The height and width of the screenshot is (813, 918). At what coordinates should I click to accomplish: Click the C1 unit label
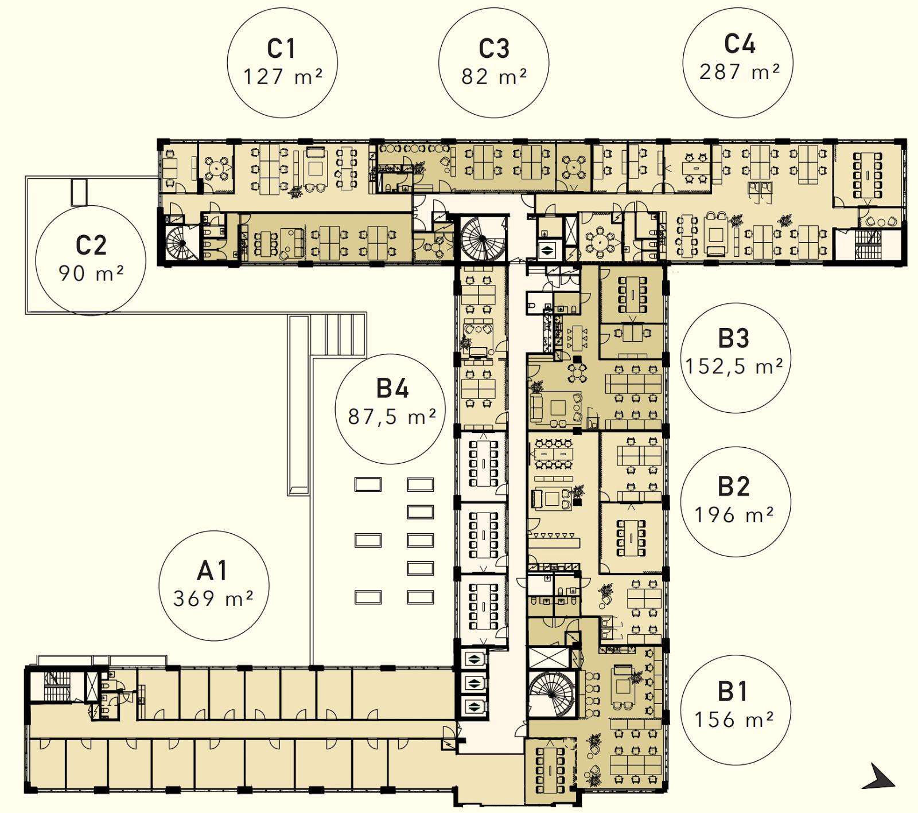(x=282, y=49)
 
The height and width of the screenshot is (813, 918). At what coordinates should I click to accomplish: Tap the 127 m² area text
(x=282, y=77)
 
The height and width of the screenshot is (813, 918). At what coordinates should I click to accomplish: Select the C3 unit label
(x=494, y=49)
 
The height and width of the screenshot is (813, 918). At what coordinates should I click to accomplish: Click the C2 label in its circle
(x=91, y=245)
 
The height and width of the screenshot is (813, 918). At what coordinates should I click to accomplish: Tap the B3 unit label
(x=734, y=338)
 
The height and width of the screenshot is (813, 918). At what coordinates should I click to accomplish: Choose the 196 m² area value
(x=734, y=514)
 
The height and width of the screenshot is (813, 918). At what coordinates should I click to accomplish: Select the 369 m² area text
(x=213, y=599)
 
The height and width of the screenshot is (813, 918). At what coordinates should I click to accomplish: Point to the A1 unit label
(x=212, y=570)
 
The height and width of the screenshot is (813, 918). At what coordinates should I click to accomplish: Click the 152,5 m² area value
(x=734, y=366)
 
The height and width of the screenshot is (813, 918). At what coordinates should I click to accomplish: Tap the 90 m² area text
(x=91, y=273)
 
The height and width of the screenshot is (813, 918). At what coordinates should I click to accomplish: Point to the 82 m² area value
(x=494, y=77)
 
